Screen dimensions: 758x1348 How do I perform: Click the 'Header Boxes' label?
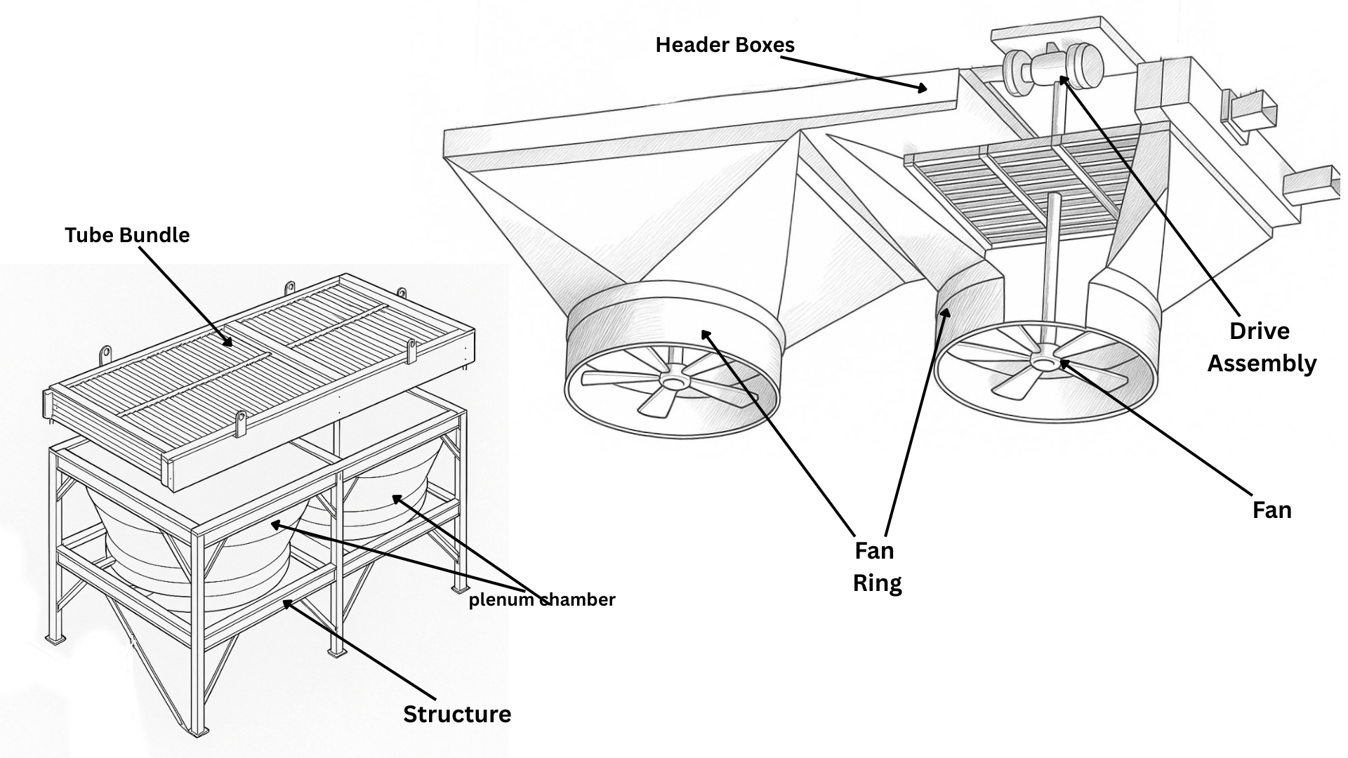click(x=725, y=45)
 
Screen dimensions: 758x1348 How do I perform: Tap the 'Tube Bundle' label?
click(x=127, y=234)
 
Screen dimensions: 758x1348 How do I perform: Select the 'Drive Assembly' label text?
click(x=1261, y=347)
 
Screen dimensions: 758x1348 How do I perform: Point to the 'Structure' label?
click(x=457, y=714)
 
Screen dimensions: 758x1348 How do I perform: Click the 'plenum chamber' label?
click(x=542, y=599)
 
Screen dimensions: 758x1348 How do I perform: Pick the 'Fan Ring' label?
click(x=876, y=566)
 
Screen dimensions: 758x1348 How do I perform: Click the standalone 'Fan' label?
click(x=1271, y=510)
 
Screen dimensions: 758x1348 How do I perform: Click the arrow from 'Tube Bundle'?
click(x=185, y=295)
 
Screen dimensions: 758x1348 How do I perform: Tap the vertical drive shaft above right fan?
click(x=1051, y=260)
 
